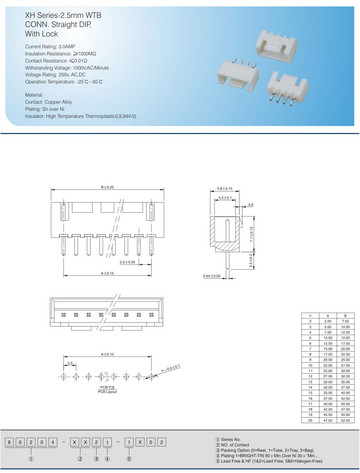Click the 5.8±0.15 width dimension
[225, 188]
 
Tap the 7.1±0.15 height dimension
[251, 234]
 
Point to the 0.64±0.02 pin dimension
[211, 276]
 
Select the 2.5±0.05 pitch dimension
[127, 262]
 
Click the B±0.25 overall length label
[107, 187]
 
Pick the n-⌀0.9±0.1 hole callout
[171, 368]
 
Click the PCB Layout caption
[107, 392]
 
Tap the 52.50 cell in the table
[345, 420]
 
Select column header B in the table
[345, 316]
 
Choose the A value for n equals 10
[328, 365]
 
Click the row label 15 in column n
[310, 393]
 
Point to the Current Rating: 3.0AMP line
[50, 47]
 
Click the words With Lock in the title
[42, 34]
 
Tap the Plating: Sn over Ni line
[45, 109]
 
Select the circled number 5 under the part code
[129, 459]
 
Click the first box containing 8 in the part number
[9, 442]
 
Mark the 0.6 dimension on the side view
[251, 205]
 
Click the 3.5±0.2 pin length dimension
[251, 261]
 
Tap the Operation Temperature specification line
[64, 82]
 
